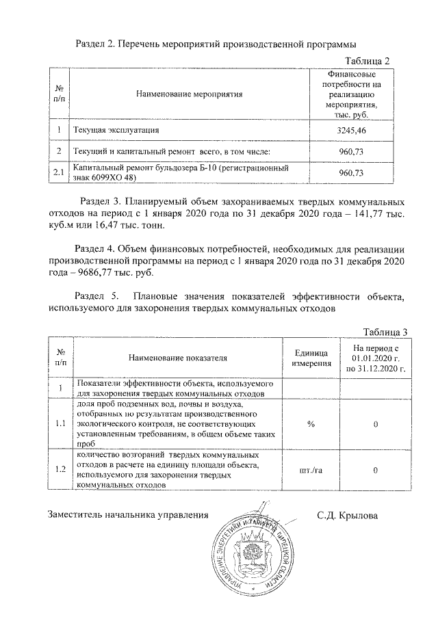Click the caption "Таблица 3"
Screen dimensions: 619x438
point(385,332)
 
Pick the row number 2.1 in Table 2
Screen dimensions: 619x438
point(59,172)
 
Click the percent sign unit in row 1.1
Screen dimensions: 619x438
point(311,425)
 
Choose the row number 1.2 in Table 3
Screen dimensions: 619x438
point(60,471)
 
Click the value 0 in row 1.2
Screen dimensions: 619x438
point(376,471)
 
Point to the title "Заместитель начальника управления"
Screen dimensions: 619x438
point(127,515)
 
